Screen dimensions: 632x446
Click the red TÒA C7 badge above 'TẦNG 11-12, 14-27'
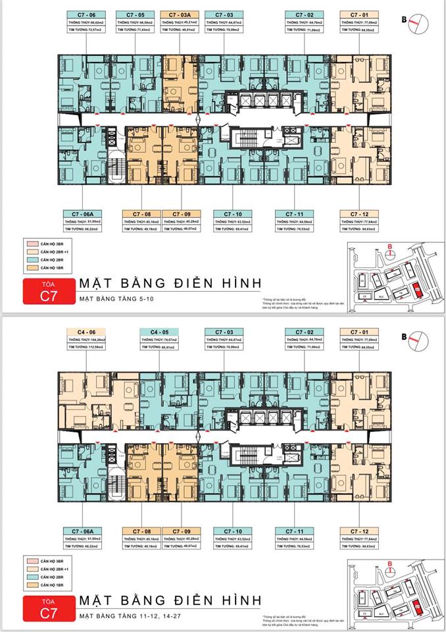coord(45,609)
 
